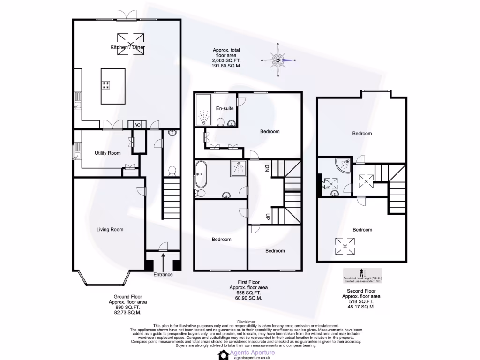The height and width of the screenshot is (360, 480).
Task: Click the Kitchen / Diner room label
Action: [127, 48]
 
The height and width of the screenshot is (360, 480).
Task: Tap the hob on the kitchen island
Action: [106, 85]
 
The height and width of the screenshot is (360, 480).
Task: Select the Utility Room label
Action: [107, 153]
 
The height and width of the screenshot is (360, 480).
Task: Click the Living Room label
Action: [110, 229]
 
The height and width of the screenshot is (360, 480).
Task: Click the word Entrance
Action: [163, 274]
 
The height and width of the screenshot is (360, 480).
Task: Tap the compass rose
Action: [279, 60]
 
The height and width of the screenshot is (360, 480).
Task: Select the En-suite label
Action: [225, 109]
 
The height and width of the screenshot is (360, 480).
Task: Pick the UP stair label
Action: [267, 217]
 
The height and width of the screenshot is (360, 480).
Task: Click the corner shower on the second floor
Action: [344, 164]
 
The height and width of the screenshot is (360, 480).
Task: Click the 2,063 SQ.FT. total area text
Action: [226, 60]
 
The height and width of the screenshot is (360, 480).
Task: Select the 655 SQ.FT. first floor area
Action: [248, 293]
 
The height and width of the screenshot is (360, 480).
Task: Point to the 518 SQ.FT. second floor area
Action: [361, 302]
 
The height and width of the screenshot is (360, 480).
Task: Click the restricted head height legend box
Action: [362, 275]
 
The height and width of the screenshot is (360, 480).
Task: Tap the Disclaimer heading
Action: [246, 322]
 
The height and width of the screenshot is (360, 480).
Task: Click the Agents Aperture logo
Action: [246, 353]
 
